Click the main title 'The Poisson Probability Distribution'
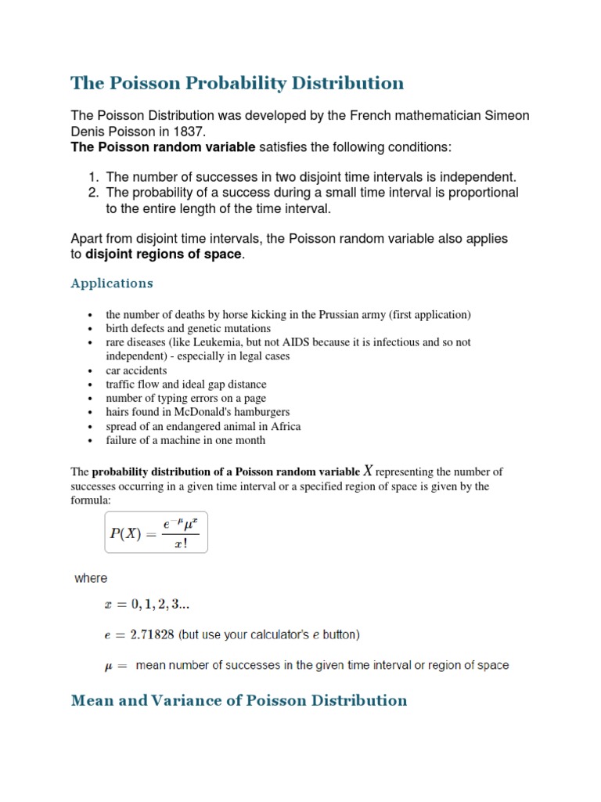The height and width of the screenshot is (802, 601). tap(237, 83)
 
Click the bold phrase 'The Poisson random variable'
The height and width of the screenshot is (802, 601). tap(163, 147)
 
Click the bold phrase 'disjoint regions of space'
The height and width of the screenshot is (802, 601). tap(164, 254)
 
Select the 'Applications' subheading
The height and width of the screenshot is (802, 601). tap(112, 283)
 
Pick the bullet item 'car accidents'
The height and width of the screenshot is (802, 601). tap(136, 370)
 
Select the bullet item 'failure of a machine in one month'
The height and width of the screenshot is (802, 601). tap(185, 440)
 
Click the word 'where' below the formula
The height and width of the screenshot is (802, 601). tap(91, 578)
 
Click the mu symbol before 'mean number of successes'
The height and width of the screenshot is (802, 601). tap(110, 666)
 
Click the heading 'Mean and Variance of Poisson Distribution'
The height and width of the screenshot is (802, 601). tap(239, 700)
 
